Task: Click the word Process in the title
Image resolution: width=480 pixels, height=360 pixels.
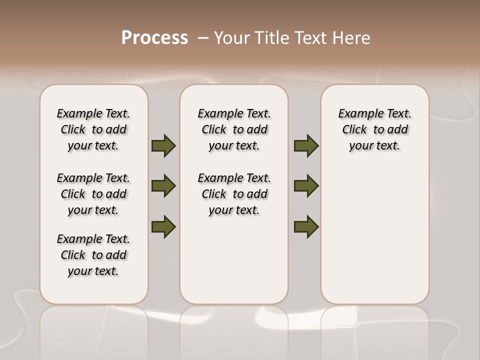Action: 154,37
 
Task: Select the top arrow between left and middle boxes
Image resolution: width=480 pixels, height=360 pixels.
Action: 163,145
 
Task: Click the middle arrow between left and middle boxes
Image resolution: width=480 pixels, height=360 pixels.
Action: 163,186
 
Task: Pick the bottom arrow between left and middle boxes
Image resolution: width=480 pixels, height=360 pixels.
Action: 163,226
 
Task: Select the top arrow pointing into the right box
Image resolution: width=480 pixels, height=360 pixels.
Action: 306,145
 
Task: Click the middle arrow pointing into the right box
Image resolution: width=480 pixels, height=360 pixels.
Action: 306,186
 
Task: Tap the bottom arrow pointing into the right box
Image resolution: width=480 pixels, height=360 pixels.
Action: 306,226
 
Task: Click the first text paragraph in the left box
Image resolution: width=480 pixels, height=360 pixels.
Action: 93,129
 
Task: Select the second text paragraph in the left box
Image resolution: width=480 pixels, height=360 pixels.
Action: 93,194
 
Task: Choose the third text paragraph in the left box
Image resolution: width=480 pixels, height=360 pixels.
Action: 93,255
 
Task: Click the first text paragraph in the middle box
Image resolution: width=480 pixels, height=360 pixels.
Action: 234,129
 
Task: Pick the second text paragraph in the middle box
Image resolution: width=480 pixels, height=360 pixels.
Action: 234,194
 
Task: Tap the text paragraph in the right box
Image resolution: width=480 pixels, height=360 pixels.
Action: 375,129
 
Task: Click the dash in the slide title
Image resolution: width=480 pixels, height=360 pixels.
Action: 203,38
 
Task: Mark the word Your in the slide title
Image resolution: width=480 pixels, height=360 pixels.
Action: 231,38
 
